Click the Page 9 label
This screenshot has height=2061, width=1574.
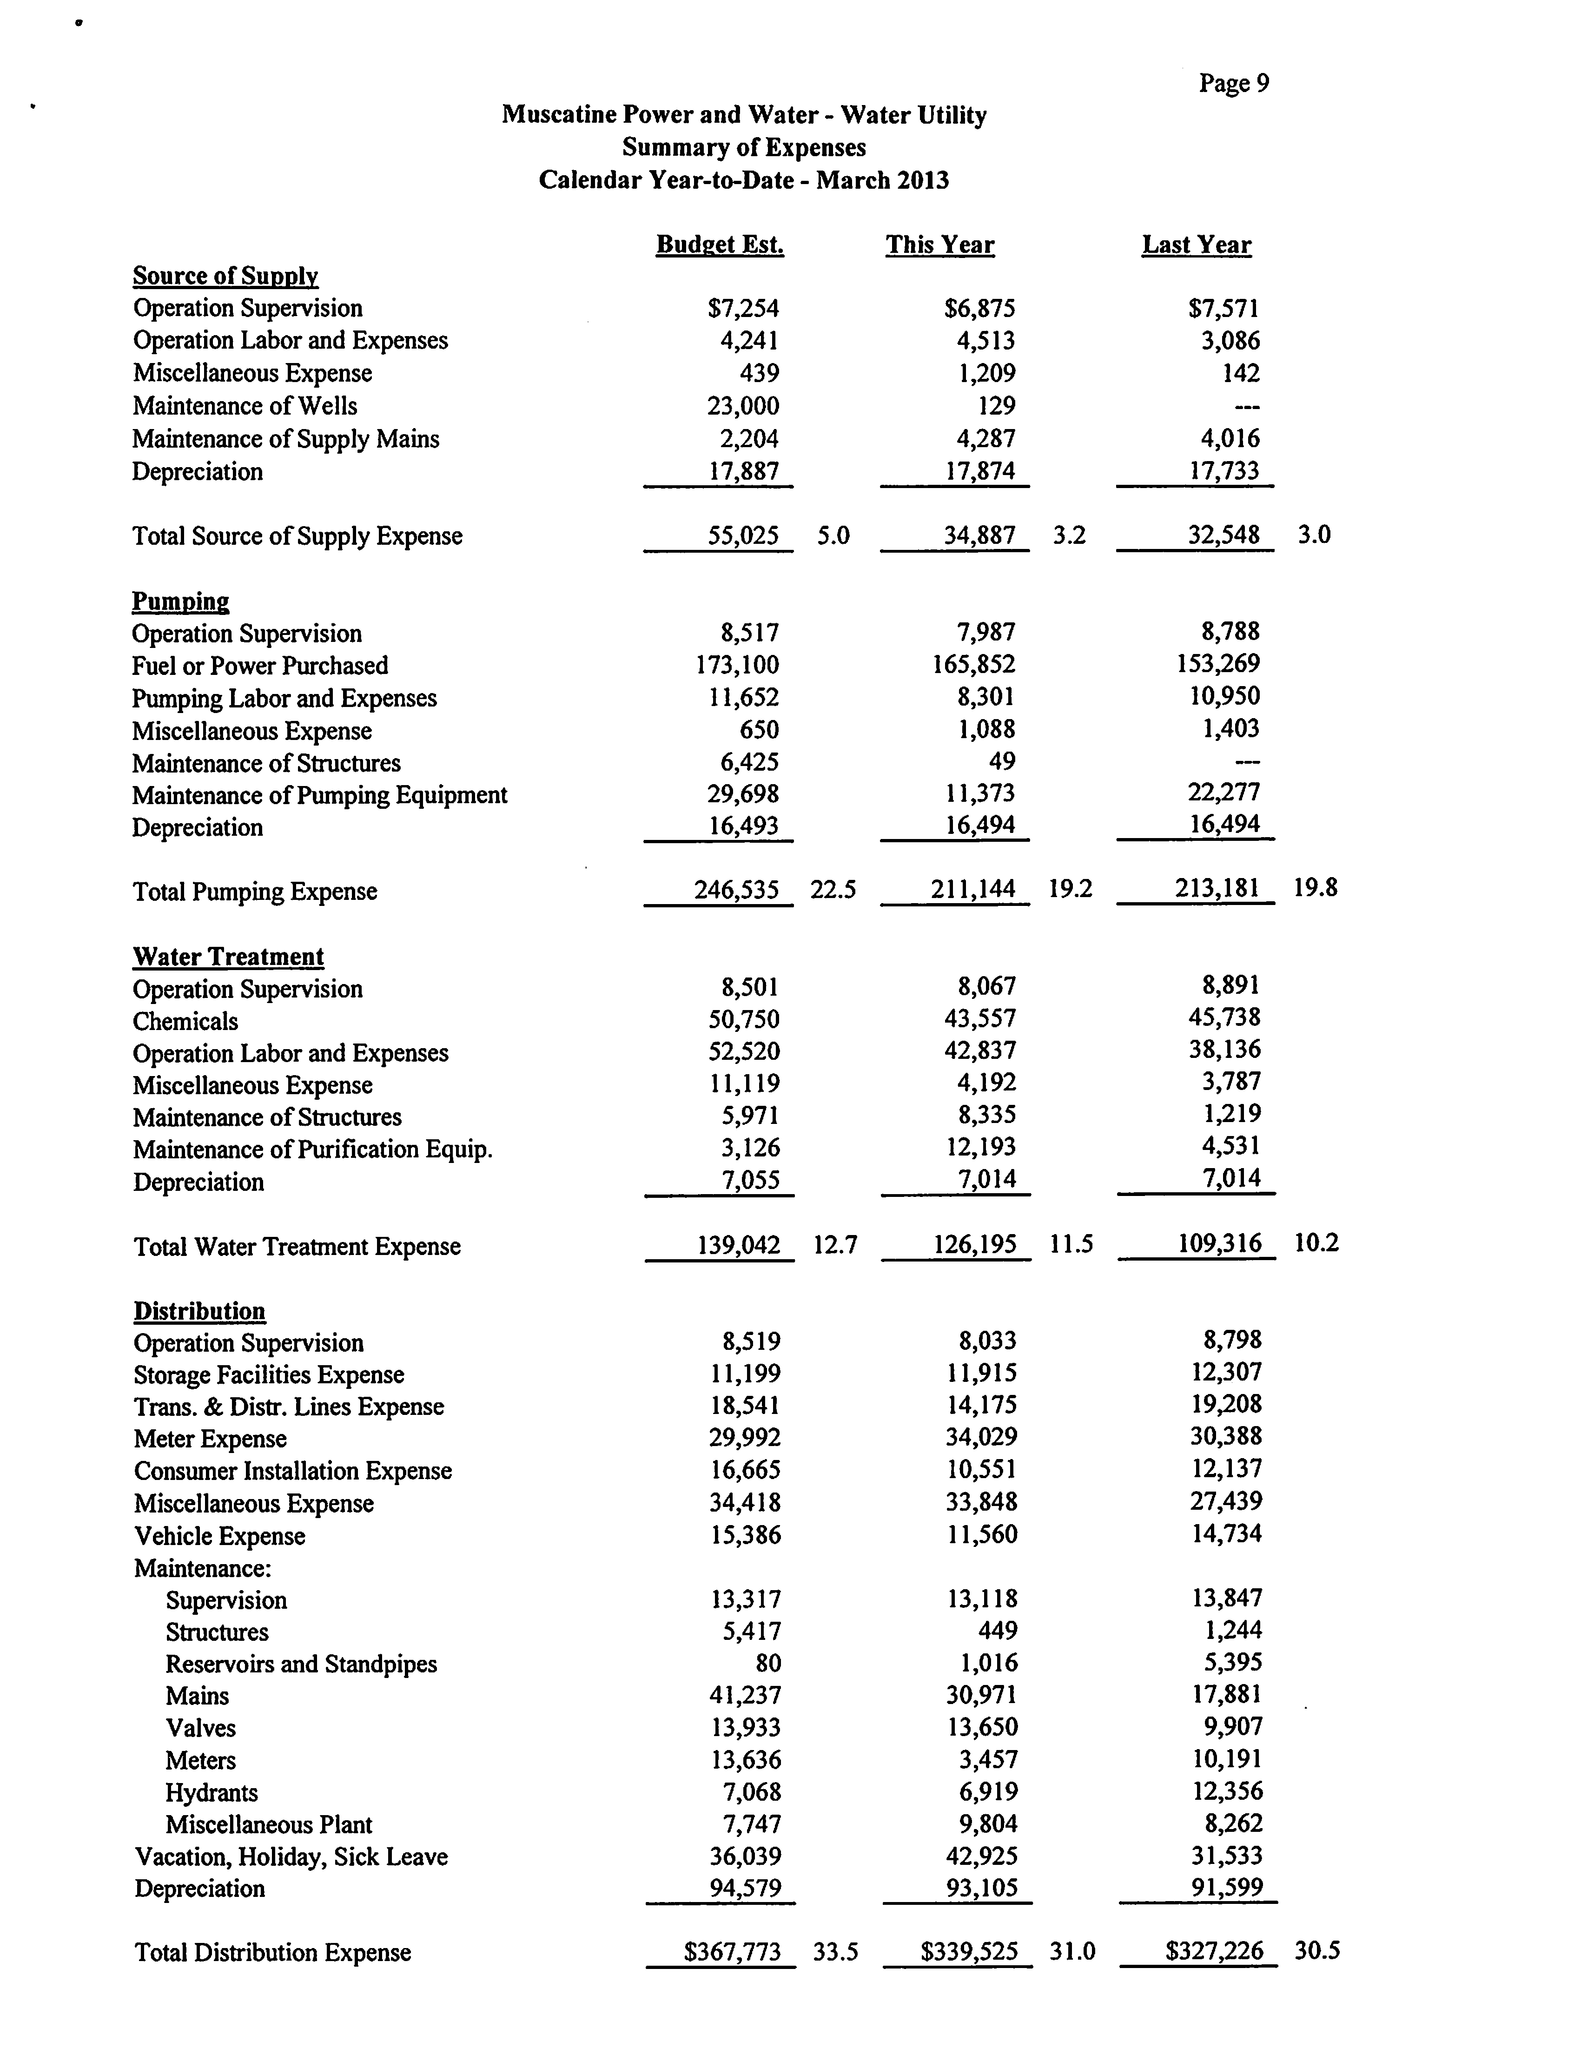coord(1234,84)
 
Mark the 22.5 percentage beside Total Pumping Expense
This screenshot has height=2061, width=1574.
coord(833,889)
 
